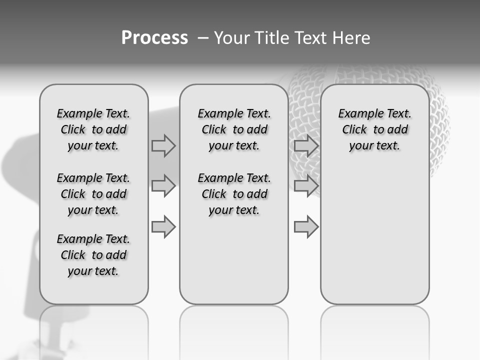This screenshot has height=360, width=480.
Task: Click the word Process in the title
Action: [154, 37]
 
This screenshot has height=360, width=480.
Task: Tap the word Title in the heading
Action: [272, 37]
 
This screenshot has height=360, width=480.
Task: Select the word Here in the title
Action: [351, 37]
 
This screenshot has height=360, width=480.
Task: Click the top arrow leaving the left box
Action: [164, 145]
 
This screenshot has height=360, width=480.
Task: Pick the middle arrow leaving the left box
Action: [164, 186]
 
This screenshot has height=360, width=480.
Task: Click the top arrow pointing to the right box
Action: [306, 145]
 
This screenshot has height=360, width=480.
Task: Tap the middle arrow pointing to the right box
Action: [306, 186]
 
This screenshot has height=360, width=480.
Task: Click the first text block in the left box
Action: [93, 129]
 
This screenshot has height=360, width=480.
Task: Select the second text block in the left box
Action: [93, 194]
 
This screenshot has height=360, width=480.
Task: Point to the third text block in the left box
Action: [93, 255]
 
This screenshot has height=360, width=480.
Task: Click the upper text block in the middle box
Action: [234, 129]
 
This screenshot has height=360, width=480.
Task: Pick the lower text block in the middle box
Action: [234, 194]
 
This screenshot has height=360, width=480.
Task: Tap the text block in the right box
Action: [374, 129]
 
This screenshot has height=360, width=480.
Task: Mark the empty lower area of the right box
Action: [374, 235]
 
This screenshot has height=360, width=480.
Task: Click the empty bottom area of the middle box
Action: [234, 265]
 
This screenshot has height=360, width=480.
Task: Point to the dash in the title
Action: [203, 37]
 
